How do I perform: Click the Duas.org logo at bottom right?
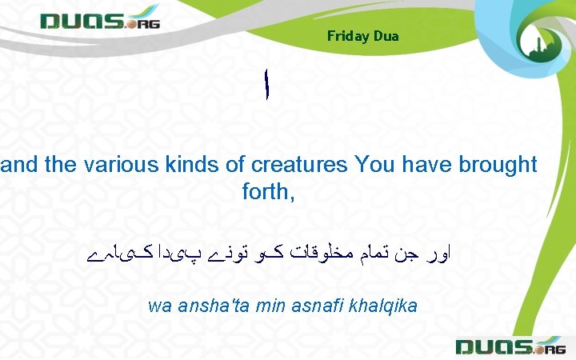510,346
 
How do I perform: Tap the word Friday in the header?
347,36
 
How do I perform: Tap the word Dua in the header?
385,36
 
